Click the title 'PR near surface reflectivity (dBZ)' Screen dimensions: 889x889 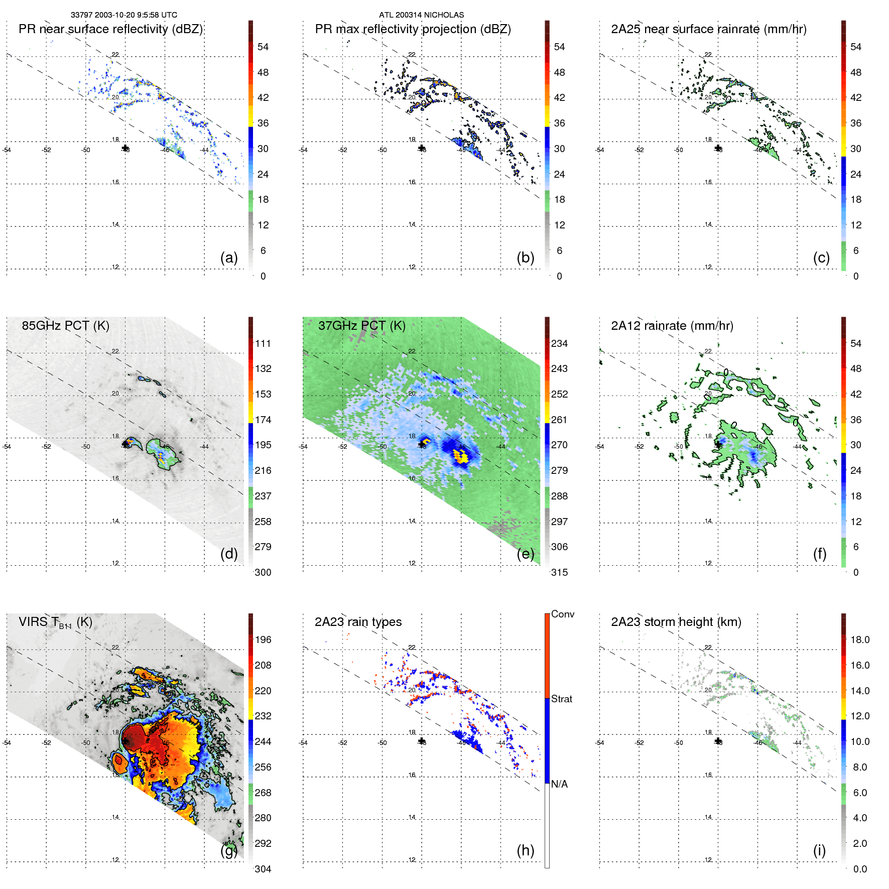point(110,29)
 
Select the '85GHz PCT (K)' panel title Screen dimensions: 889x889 point(65,326)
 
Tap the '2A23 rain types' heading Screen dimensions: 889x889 point(358,622)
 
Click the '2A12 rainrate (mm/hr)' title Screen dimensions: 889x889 point(672,326)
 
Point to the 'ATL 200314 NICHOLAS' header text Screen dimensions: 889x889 point(421,15)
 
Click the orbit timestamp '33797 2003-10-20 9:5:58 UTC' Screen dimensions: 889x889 point(123,15)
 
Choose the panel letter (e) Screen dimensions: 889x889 point(525,554)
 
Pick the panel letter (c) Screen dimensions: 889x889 point(821,258)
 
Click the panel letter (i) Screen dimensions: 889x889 point(819,850)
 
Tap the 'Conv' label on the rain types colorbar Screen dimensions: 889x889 point(562,614)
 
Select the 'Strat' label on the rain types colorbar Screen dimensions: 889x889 point(561,699)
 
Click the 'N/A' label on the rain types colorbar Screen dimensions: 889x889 point(559,784)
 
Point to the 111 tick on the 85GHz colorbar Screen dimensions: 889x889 point(263,343)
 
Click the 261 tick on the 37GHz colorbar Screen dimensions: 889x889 point(559,420)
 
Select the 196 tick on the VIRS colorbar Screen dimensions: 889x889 point(263,640)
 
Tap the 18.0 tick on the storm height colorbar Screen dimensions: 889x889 point(859,640)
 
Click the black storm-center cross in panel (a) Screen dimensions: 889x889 point(125,148)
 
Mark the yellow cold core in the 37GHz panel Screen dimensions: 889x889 point(460,456)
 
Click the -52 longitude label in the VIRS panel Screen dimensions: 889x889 point(46,743)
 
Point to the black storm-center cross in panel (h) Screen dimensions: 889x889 point(422,741)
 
